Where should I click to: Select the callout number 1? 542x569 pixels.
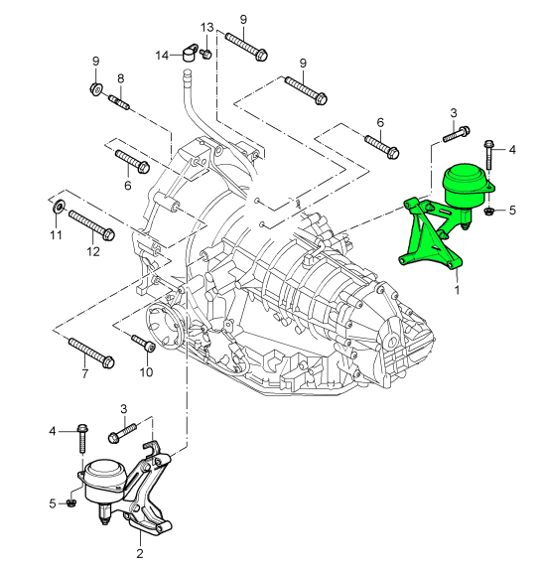pyautogui.click(x=457, y=291)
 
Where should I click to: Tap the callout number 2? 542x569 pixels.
pyautogui.click(x=139, y=553)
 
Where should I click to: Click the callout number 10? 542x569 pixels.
pyautogui.click(x=146, y=373)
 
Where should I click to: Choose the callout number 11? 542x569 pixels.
pyautogui.click(x=57, y=235)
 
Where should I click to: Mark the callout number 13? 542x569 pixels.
pyautogui.click(x=206, y=27)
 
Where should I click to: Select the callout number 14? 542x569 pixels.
pyautogui.click(x=163, y=56)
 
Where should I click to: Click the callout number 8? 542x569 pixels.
pyautogui.click(x=120, y=78)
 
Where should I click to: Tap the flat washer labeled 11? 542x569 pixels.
pyautogui.click(x=58, y=207)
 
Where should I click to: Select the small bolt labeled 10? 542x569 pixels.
pyautogui.click(x=143, y=344)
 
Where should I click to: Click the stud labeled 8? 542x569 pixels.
pyautogui.click(x=119, y=100)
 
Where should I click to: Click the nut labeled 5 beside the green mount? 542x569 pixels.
pyautogui.click(x=489, y=211)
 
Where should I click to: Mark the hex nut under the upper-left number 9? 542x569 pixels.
pyautogui.click(x=95, y=91)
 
